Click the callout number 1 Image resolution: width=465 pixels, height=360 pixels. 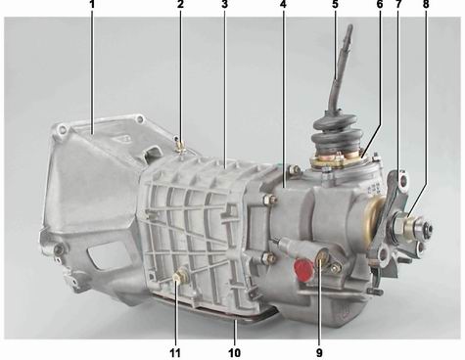point(92,4)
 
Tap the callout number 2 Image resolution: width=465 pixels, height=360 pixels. point(181,4)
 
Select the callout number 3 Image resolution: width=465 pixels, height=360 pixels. point(224,4)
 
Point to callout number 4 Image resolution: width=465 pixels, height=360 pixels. point(283,4)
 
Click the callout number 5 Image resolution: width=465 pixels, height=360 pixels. point(335,4)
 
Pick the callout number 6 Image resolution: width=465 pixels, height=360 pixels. point(380,4)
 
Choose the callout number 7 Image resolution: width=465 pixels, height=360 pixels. point(398,4)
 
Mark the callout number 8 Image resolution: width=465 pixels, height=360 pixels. point(426,4)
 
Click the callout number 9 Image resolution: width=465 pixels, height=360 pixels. point(319,352)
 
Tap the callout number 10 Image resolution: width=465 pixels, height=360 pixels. point(234,352)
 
